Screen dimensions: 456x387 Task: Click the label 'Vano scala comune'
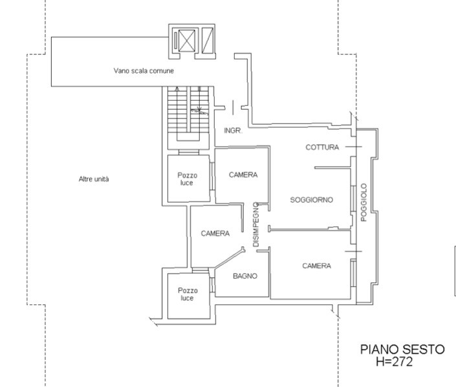[x=144, y=70]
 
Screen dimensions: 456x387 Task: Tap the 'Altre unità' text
[x=94, y=179]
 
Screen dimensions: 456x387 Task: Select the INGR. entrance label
[x=233, y=131]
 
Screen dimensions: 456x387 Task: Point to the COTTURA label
[x=322, y=147]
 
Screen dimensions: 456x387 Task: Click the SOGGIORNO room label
[x=312, y=200]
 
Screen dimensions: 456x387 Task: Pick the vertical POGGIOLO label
[x=364, y=202]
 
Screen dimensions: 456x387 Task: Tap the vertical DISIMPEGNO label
[x=255, y=225]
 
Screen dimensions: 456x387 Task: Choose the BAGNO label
[x=245, y=276]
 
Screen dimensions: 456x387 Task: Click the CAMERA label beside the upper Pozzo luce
[x=243, y=175]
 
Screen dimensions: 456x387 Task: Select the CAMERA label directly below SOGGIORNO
[x=316, y=266]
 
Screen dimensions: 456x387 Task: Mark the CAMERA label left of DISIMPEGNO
[x=215, y=233]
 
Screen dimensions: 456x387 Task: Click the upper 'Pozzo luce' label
[x=188, y=179]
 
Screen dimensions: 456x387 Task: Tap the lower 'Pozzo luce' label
[x=188, y=295]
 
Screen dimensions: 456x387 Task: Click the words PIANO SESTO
[x=402, y=350]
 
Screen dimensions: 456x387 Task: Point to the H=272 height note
[x=394, y=362]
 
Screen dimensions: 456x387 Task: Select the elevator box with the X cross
[x=186, y=41]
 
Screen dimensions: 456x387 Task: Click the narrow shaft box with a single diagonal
[x=208, y=41]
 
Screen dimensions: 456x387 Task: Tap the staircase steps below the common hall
[x=188, y=113]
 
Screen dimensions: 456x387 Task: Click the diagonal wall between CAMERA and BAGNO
[x=229, y=258]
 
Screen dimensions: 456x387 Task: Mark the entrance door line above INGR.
[x=233, y=107]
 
